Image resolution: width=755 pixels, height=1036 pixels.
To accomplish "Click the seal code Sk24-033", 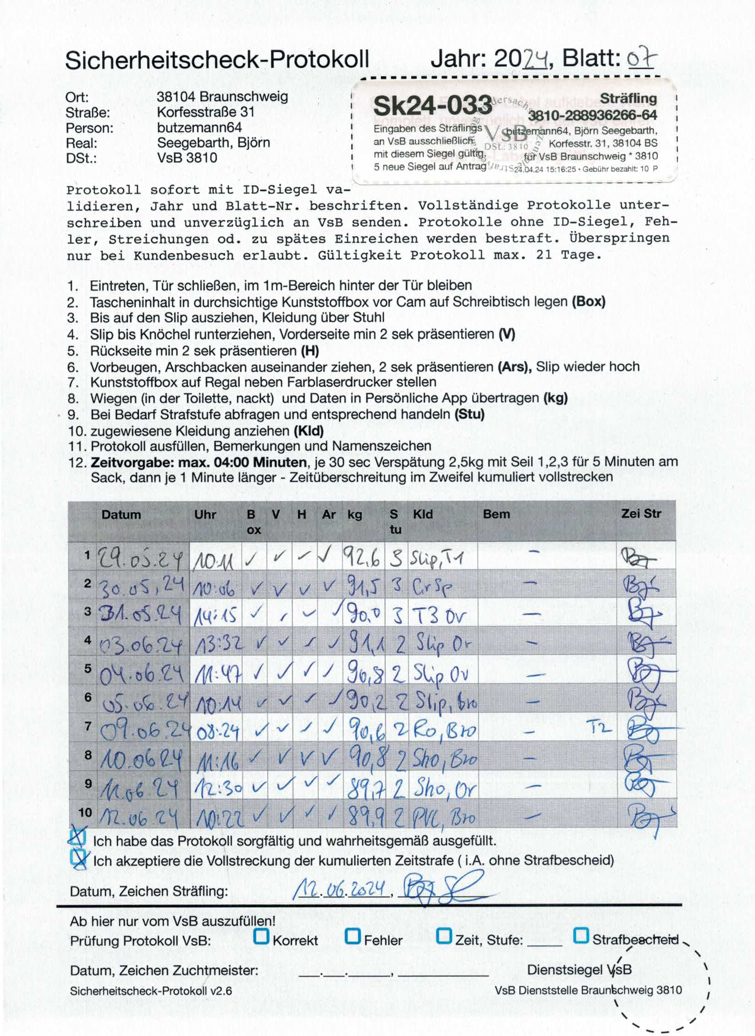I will (x=432, y=106).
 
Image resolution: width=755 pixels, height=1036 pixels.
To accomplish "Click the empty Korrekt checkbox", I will (x=261, y=936).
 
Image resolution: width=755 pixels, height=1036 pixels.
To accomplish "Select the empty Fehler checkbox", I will (x=353, y=936).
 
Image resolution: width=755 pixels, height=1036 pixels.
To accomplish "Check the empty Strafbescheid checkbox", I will (x=581, y=936).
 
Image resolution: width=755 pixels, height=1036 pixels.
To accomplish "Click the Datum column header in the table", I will (x=121, y=515).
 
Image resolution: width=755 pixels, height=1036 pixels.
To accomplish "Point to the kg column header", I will (x=355, y=515).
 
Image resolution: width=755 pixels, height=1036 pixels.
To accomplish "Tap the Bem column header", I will (x=496, y=514).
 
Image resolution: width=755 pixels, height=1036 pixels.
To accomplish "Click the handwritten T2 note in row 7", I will (x=599, y=727).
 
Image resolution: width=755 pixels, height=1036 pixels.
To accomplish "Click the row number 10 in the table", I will (x=85, y=813).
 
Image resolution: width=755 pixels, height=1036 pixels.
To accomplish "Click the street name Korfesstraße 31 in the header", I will (x=206, y=112).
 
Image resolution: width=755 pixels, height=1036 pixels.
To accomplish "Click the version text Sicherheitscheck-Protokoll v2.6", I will (x=151, y=991).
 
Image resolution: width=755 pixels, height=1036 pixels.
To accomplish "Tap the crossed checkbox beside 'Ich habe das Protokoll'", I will (x=77, y=838).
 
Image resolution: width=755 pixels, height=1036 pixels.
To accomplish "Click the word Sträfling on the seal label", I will (x=628, y=98).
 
